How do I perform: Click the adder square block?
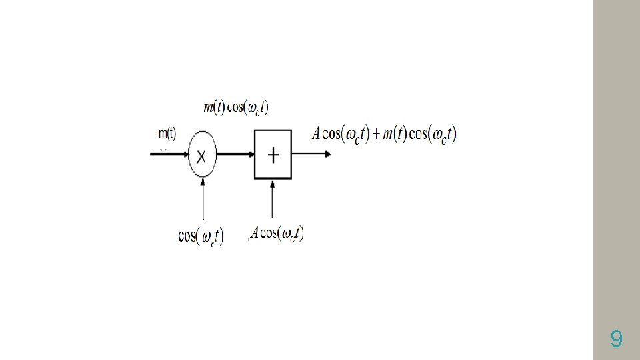pos(273,155)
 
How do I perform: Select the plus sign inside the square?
pos(273,155)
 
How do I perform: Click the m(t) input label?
pos(167,133)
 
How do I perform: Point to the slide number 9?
pos(617,341)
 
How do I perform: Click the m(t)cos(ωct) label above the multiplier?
pos(236,107)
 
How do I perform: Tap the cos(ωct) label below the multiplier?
pos(201,236)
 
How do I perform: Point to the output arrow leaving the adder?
pos(311,155)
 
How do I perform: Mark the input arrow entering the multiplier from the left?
pos(169,155)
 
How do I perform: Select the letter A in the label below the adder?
pos(255,234)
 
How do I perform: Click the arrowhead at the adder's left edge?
pos(251,155)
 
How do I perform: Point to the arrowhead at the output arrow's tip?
pos(327,155)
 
